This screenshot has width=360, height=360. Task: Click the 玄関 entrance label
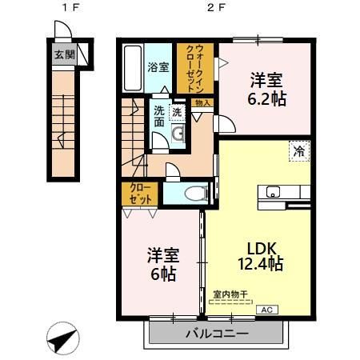click(x=64, y=55)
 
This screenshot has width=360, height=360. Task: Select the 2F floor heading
click(x=214, y=10)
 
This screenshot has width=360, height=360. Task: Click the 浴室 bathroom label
click(x=158, y=67)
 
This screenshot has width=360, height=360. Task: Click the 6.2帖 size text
click(x=266, y=100)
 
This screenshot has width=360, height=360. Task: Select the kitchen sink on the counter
click(x=271, y=191)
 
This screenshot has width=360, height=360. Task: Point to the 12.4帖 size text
click(x=258, y=264)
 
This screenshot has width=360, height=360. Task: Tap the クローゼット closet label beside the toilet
click(x=140, y=194)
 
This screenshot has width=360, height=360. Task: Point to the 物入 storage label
click(x=202, y=103)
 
